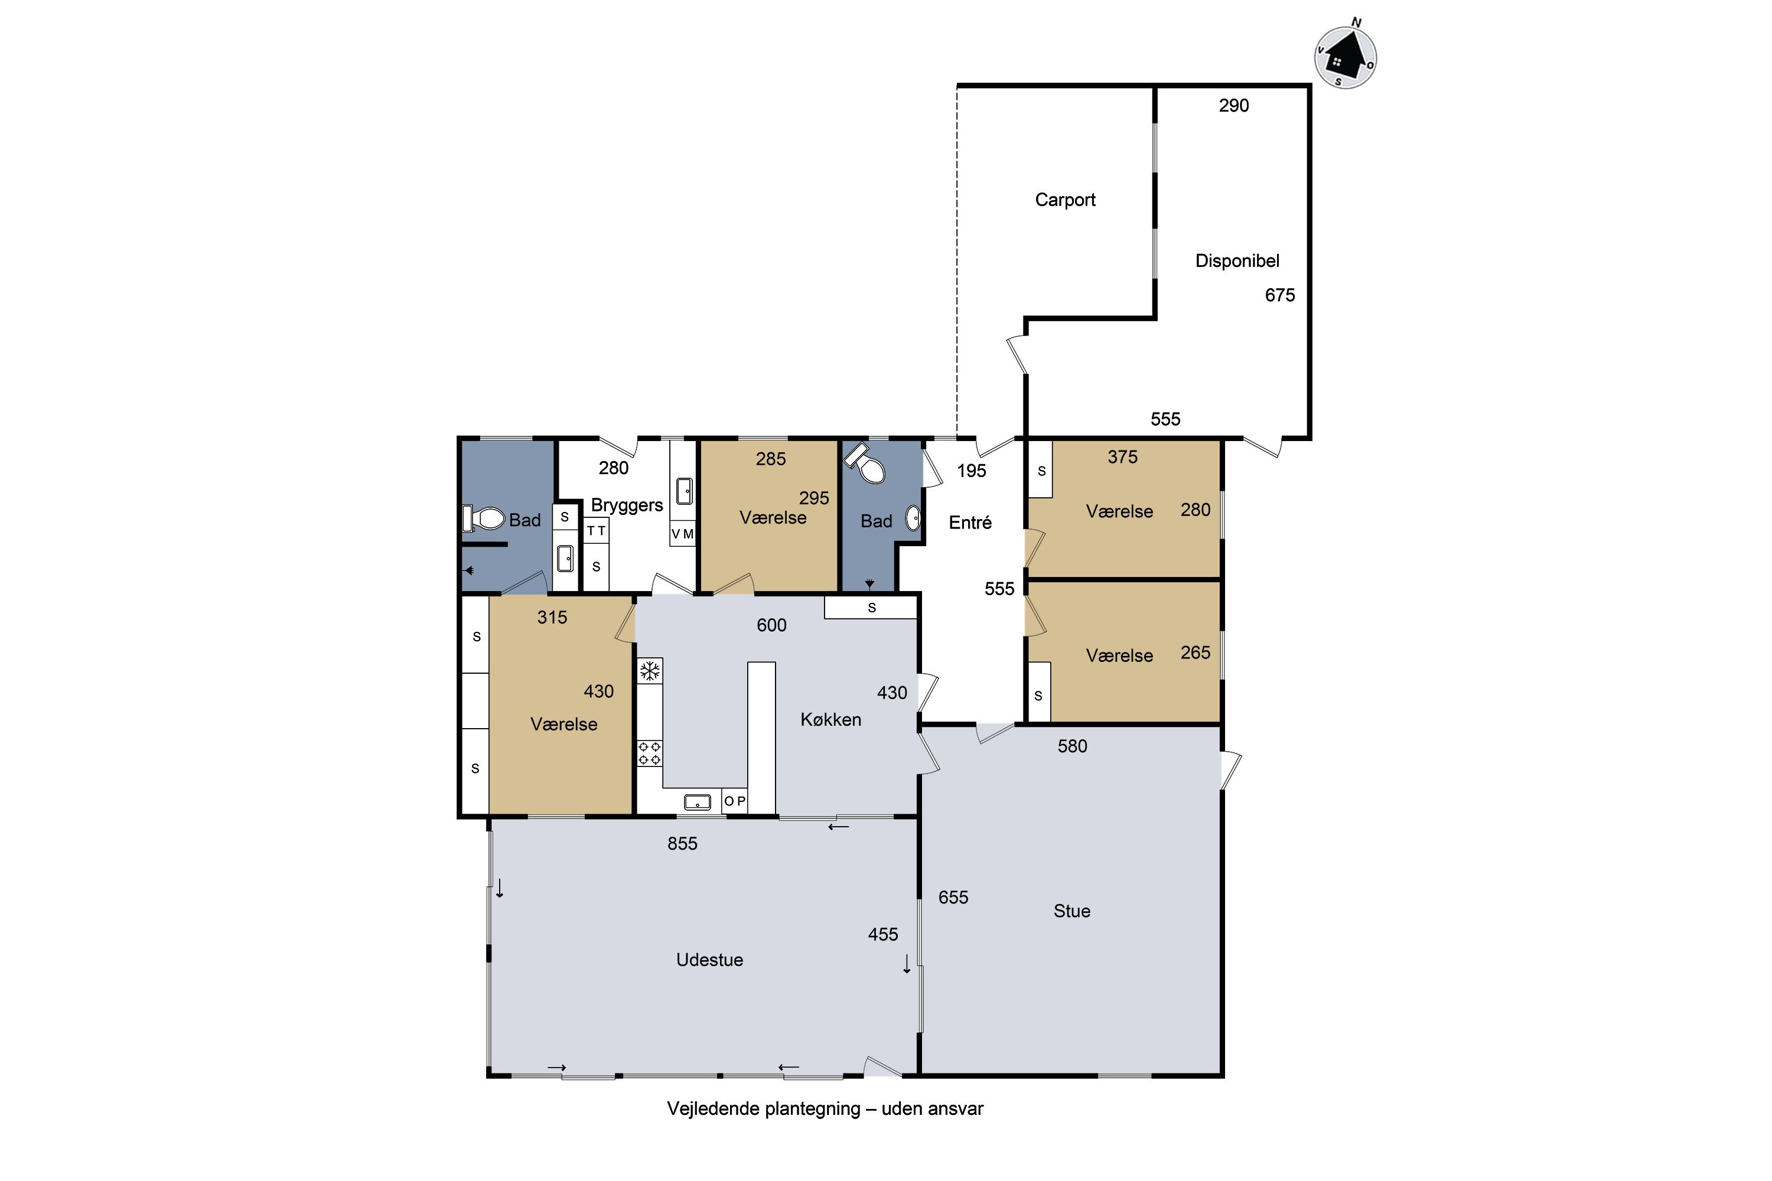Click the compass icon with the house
(x=1346, y=57)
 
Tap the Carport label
(x=1064, y=200)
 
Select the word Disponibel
(x=1237, y=260)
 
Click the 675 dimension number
(x=1279, y=295)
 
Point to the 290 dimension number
(x=1233, y=106)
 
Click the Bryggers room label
(x=627, y=505)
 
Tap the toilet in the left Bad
(x=484, y=518)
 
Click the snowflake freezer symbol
(x=649, y=670)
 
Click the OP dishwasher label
(x=735, y=801)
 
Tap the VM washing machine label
(x=683, y=534)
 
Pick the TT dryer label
(x=596, y=531)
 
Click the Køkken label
(x=830, y=720)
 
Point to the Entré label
(x=970, y=522)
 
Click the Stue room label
(x=1071, y=911)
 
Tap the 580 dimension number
(x=1072, y=746)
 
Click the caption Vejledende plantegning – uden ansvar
(x=825, y=1109)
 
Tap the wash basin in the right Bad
(x=913, y=518)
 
